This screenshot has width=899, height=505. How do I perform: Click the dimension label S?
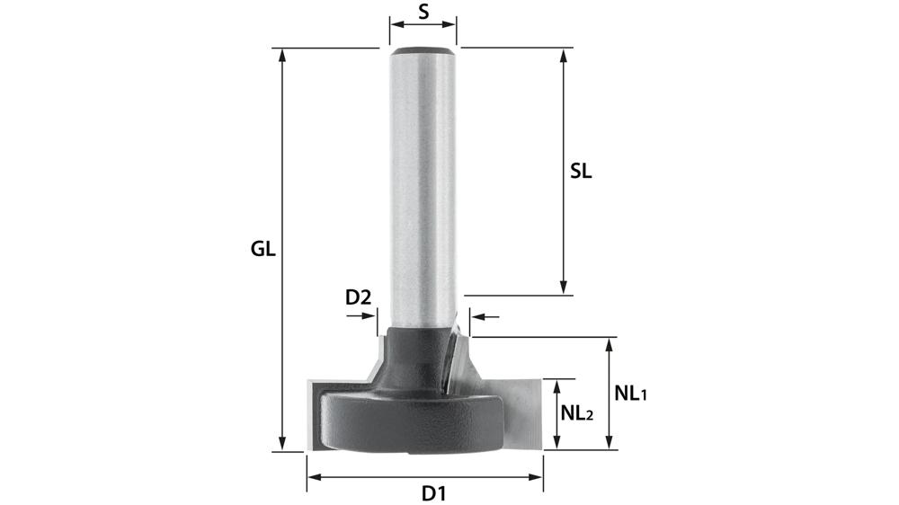click(x=423, y=13)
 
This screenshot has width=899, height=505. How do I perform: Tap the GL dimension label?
click(x=263, y=250)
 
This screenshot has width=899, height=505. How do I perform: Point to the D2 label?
click(x=359, y=297)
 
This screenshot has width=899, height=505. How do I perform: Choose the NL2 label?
click(x=576, y=413)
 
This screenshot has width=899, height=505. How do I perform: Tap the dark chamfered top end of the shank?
click(x=423, y=48)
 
